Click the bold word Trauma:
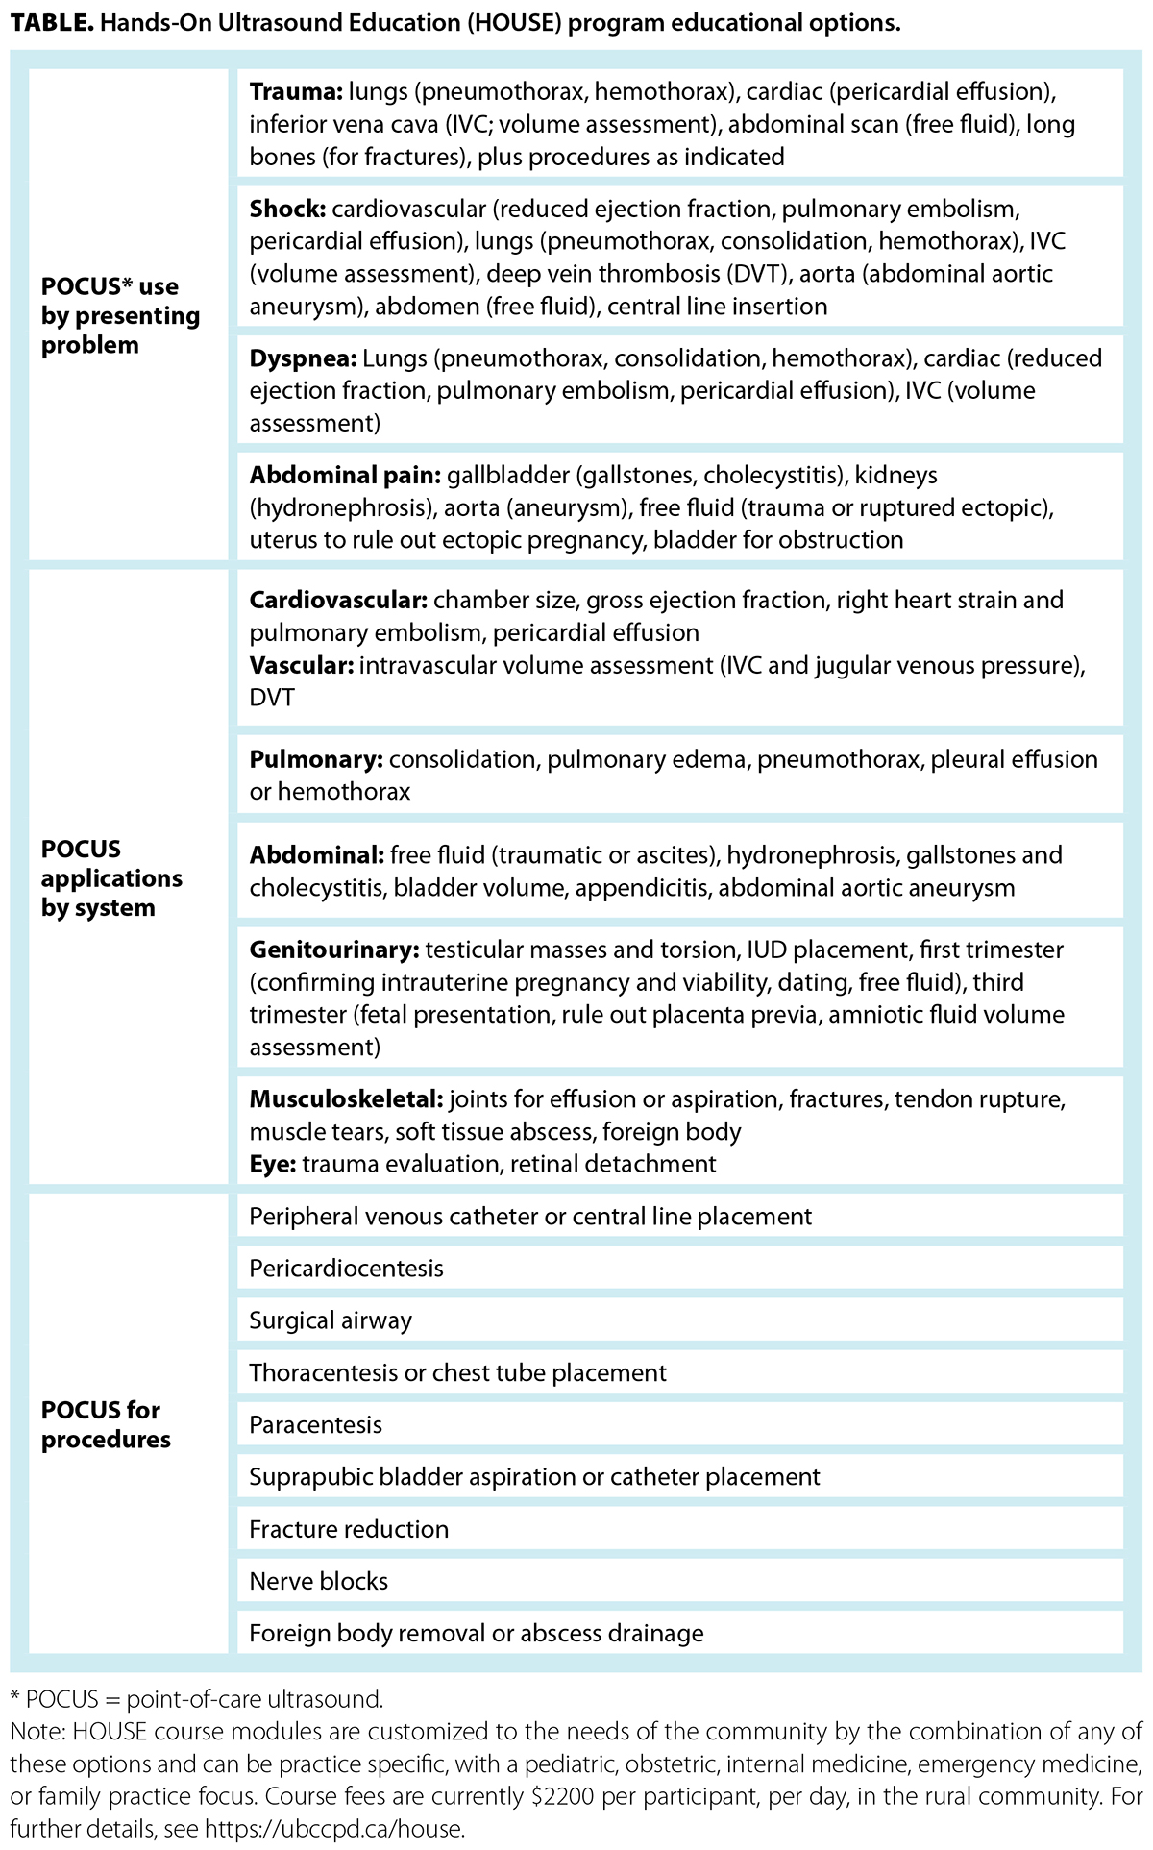[x=294, y=92]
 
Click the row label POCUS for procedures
[x=106, y=1424]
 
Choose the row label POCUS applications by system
[x=111, y=877]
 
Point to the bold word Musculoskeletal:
[x=346, y=1098]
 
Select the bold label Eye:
[x=273, y=1164]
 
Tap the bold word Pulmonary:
[x=316, y=759]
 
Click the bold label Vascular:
[x=301, y=665]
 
